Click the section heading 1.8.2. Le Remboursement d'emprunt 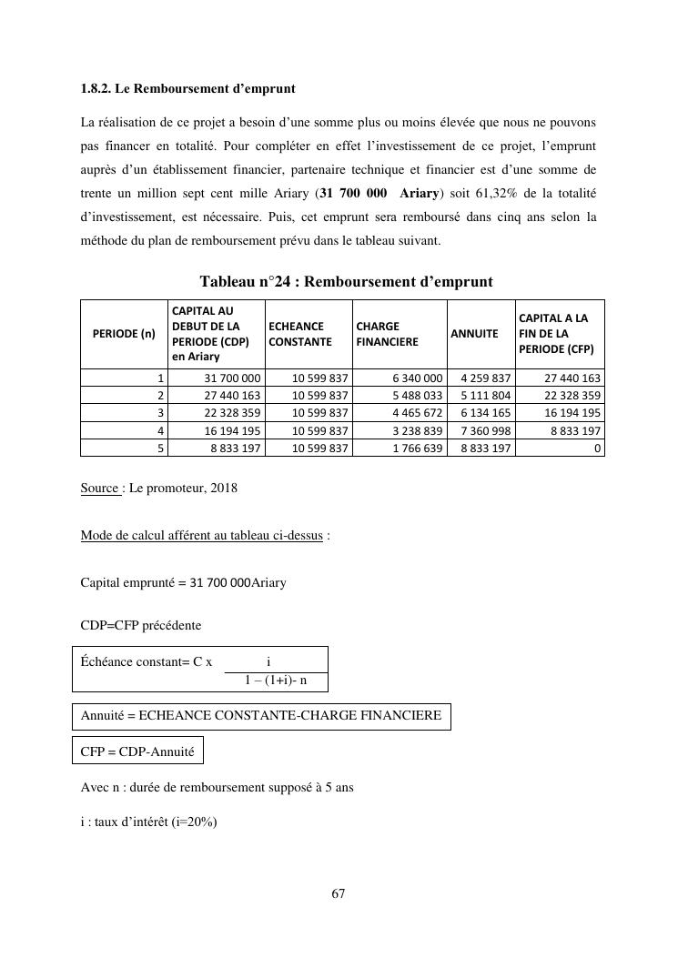pyautogui.click(x=187, y=89)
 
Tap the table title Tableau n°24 pyautogui.click(x=346, y=282)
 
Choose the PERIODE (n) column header pyautogui.click(x=124, y=334)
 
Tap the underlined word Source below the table pyautogui.click(x=99, y=489)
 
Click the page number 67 pyautogui.click(x=339, y=894)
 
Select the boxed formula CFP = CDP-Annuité pyautogui.click(x=137, y=751)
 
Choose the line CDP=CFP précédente pyautogui.click(x=141, y=626)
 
